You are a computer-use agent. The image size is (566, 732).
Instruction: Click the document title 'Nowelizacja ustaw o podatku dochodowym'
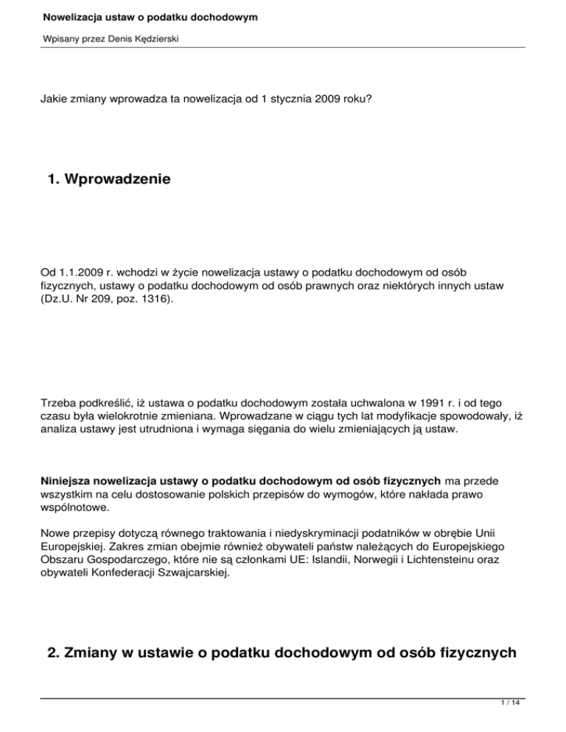pos(150,15)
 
